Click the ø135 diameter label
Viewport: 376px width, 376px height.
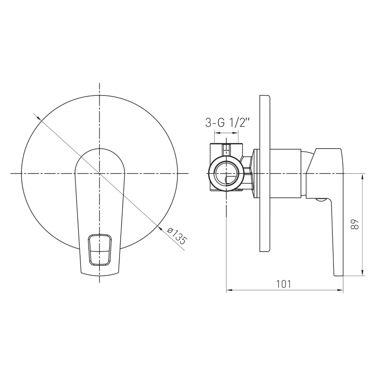[177, 236]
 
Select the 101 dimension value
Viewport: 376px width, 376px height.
[284, 284]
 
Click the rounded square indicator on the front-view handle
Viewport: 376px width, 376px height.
[100, 250]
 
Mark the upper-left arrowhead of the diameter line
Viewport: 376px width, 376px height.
[38, 117]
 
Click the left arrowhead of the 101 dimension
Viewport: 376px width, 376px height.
[229, 290]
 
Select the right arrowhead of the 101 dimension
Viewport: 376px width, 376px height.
[340, 290]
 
